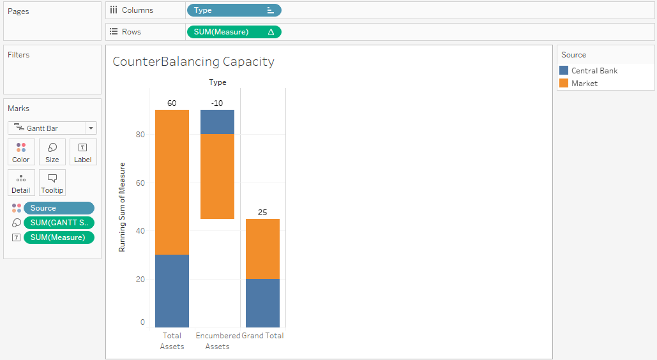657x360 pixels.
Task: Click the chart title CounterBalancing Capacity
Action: click(193, 62)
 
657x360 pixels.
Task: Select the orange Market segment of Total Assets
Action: click(172, 182)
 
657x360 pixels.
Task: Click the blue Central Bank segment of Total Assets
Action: click(172, 290)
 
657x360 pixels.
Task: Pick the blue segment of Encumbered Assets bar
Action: click(217, 122)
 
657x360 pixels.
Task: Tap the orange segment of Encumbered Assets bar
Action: click(217, 176)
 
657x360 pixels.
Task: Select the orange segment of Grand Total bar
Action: click(262, 249)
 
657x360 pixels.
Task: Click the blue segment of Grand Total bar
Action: click(262, 303)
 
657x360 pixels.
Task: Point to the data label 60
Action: click(172, 103)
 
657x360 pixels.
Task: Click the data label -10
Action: click(217, 103)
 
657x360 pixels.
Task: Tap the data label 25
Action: click(262, 212)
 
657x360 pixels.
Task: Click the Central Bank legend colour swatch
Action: click(564, 71)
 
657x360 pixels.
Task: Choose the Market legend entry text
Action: click(584, 84)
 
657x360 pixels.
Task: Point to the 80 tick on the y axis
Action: click(140, 135)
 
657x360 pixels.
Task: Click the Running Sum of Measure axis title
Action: click(122, 207)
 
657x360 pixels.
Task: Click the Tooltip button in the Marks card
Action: click(52, 183)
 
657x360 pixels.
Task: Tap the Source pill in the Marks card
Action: click(59, 208)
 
